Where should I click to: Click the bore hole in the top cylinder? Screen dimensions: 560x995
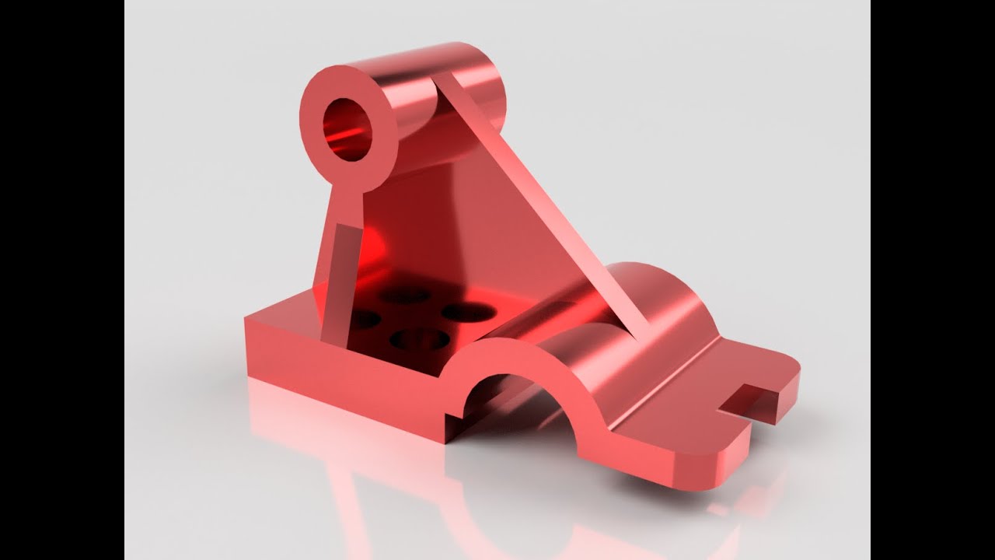point(347,129)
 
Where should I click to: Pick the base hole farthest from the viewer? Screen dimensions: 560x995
point(406,296)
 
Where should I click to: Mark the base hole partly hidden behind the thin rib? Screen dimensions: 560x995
point(362,318)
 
